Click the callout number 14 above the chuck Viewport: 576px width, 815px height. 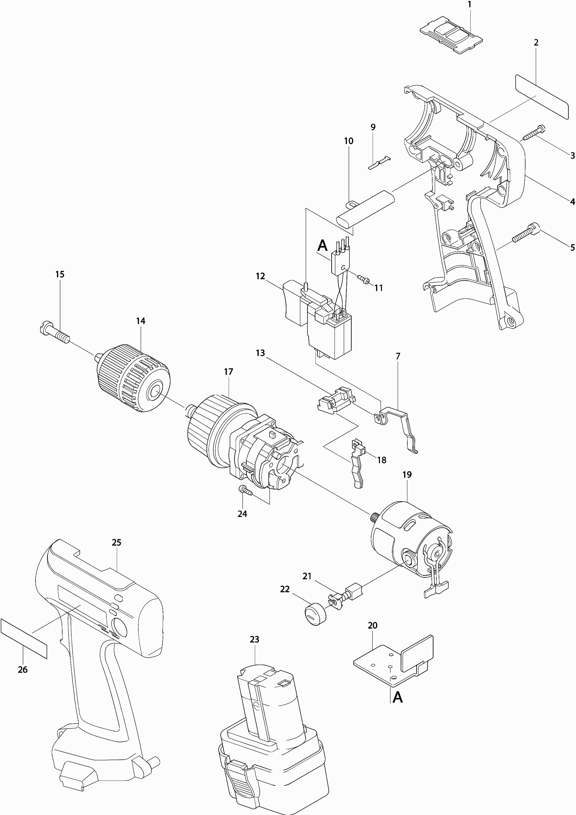coord(141,321)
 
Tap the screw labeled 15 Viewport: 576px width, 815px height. coord(55,332)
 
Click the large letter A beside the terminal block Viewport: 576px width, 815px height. coord(322,245)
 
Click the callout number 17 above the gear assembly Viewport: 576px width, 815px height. coord(228,372)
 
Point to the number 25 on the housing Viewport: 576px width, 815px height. coord(117,542)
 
